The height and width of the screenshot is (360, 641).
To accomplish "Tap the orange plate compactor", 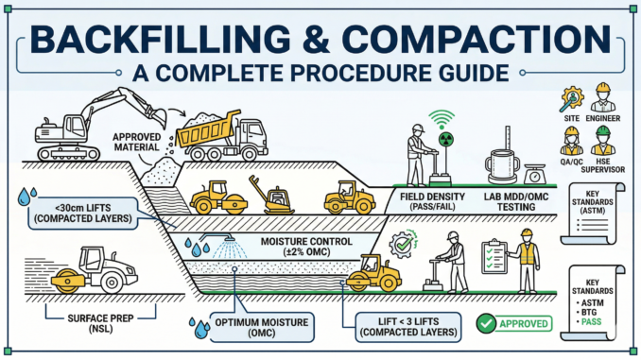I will pyautogui.click(x=270, y=197).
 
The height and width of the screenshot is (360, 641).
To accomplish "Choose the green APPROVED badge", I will pyautogui.click(x=515, y=323).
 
